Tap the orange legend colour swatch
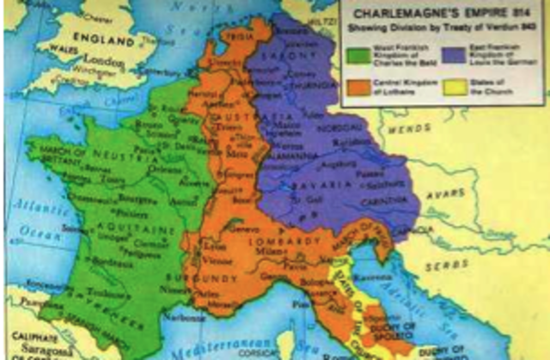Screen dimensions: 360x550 point(357,88)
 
